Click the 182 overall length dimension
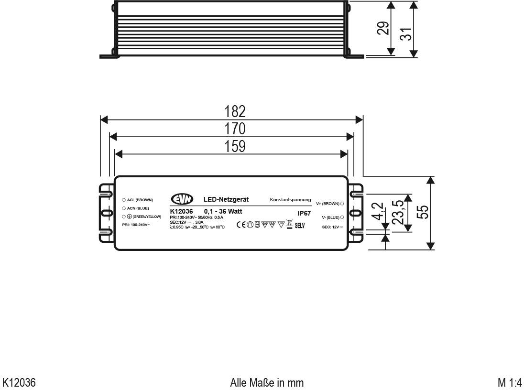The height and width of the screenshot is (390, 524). [x=235, y=111]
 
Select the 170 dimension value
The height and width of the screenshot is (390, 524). [x=235, y=129]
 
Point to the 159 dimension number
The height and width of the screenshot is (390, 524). [x=235, y=146]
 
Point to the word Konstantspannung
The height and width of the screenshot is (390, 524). [x=290, y=199]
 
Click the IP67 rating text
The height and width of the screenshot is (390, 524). [x=304, y=213]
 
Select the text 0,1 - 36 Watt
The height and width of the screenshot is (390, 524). [x=223, y=211]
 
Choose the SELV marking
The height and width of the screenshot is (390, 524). [x=300, y=226]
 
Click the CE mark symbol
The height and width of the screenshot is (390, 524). [x=241, y=225]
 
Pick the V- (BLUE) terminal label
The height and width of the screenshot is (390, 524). [x=330, y=217]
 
